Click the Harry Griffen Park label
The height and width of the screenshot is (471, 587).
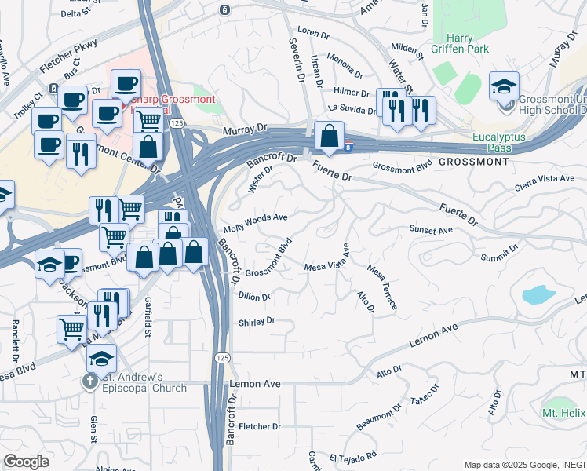tap(467, 43)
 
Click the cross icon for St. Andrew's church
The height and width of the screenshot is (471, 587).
tap(89, 382)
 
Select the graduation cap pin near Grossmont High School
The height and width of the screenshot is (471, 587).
tap(504, 86)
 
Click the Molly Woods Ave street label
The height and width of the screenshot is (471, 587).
tap(255, 221)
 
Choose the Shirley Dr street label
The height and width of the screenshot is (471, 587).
tap(257, 321)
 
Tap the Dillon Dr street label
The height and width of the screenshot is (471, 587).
tap(254, 298)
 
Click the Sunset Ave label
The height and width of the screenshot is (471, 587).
tap(431, 230)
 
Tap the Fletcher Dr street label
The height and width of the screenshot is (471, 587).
tap(260, 426)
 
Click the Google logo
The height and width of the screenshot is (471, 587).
tap(27, 462)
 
